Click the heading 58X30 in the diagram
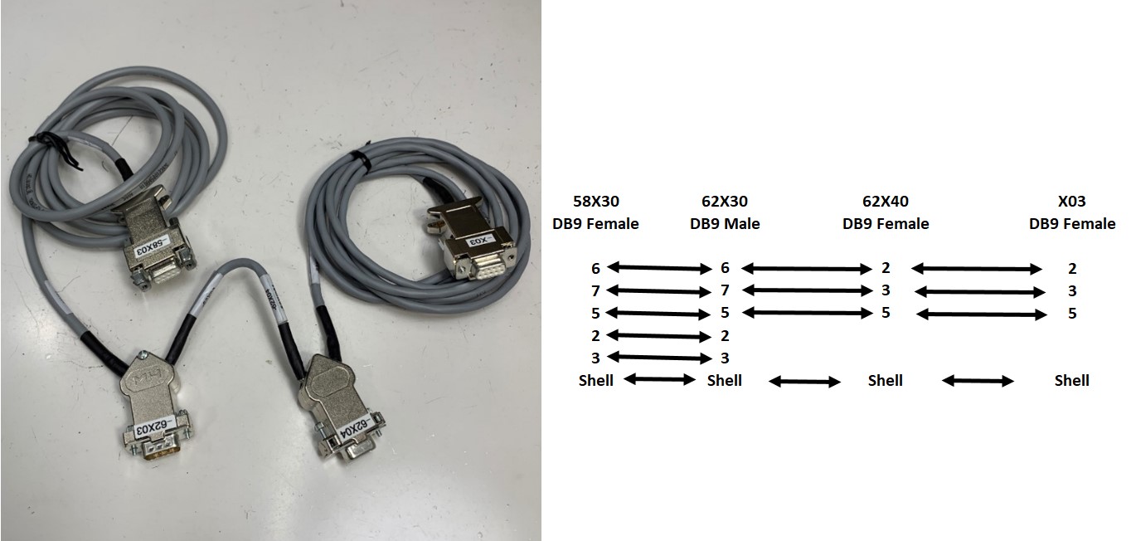tap(595, 202)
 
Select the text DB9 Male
tap(725, 224)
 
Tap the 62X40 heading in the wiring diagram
tap(885, 202)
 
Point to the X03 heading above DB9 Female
tap(1071, 202)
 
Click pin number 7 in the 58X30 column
tap(595, 291)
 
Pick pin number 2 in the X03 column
tap(1072, 269)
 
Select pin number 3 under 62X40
tap(886, 291)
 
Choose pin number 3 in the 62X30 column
tap(725, 358)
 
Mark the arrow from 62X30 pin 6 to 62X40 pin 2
tap(803, 269)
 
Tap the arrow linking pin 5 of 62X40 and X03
tap(982, 314)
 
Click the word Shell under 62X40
tap(885, 381)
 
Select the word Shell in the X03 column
tap(1071, 381)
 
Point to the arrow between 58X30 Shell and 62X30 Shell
tap(659, 380)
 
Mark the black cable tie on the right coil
tap(358, 156)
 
